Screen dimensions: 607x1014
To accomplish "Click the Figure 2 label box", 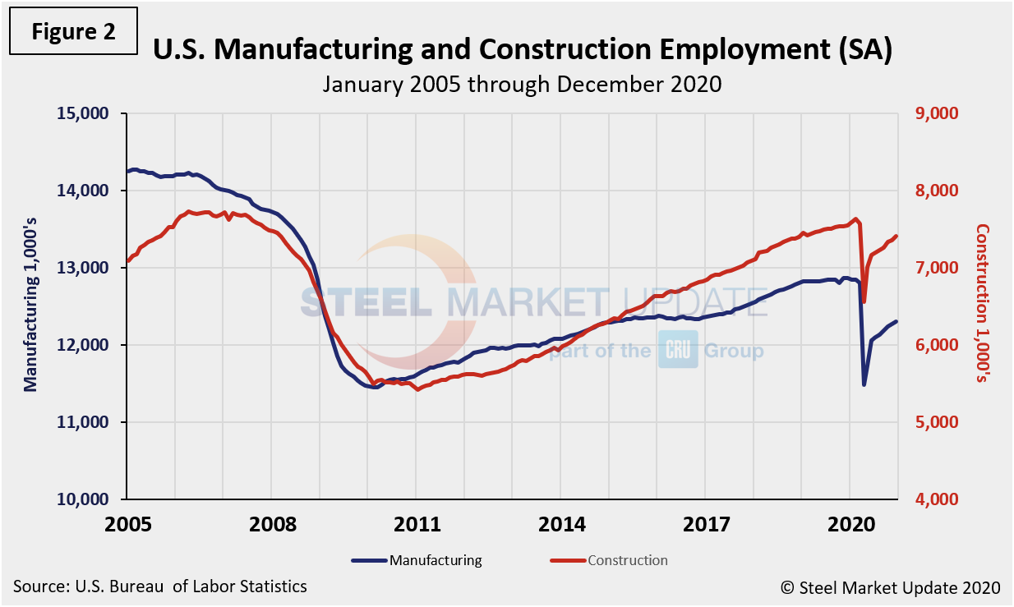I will pyautogui.click(x=74, y=32).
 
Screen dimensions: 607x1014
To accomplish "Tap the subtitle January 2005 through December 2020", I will pyautogui.click(x=521, y=84).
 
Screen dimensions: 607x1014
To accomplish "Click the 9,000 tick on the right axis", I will pyautogui.click(x=937, y=113).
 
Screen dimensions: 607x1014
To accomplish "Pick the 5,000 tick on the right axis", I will pyautogui.click(x=937, y=422).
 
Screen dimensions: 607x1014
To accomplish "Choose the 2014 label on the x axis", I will pyautogui.click(x=560, y=524).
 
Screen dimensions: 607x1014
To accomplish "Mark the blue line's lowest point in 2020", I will pyautogui.click(x=864, y=384).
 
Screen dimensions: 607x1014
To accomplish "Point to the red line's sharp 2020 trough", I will pyautogui.click(x=864, y=301).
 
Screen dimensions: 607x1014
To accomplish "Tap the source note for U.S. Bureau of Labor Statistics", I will pyautogui.click(x=160, y=586).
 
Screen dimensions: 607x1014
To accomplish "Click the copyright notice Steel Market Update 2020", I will pyautogui.click(x=890, y=587).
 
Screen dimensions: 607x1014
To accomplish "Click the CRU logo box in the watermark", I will pyautogui.click(x=678, y=352).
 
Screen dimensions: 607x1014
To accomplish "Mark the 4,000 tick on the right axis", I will pyautogui.click(x=937, y=499).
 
